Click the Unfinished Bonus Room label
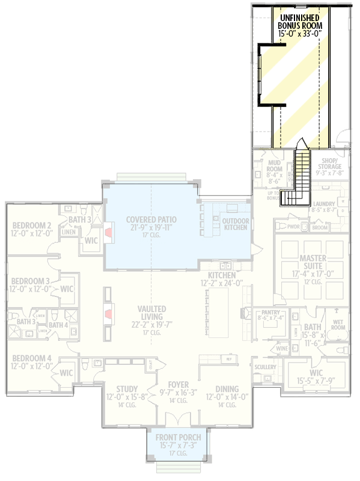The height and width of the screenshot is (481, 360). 300,21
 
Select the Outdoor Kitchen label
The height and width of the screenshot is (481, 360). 235,224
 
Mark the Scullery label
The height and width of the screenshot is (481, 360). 264,367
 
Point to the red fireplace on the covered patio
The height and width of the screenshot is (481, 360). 109,234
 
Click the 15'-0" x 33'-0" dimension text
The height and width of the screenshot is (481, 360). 300,34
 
